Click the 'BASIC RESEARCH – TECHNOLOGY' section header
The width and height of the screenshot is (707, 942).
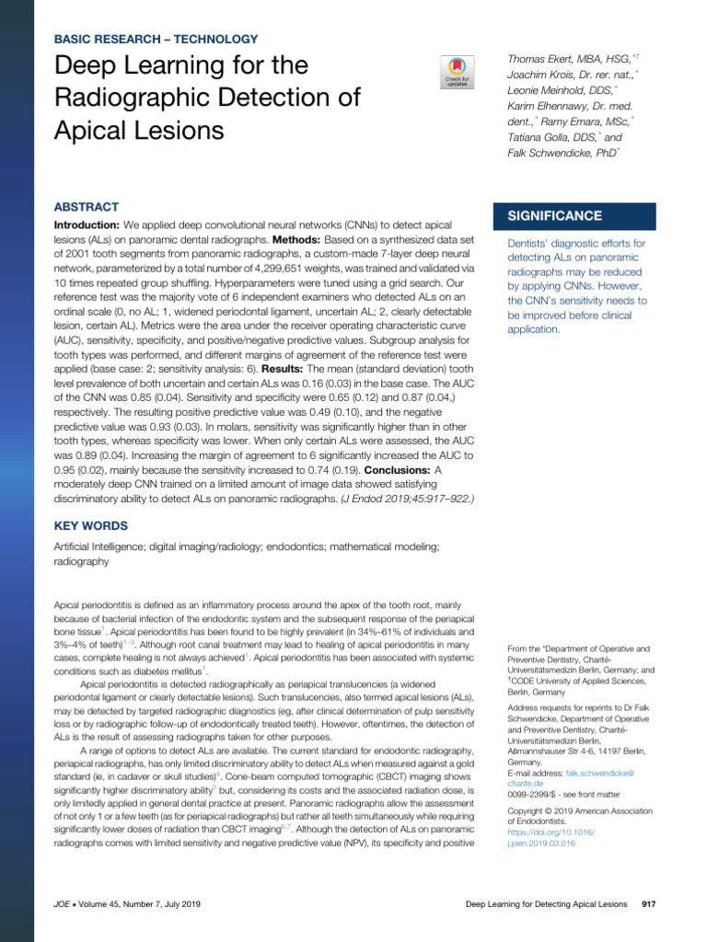(x=156, y=40)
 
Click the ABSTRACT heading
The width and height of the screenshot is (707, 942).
(x=87, y=207)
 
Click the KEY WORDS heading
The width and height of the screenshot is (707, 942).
(x=91, y=525)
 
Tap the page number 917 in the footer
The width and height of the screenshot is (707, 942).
(x=648, y=905)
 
